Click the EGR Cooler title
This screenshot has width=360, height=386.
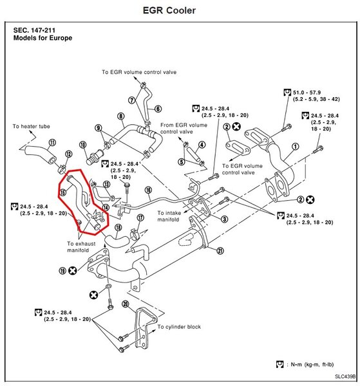pos(169,10)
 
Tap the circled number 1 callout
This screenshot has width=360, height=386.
pos(295,147)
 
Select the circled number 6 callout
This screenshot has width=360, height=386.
pos(158,109)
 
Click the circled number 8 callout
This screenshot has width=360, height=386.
pos(120,116)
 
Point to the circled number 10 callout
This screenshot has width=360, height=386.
pos(83,145)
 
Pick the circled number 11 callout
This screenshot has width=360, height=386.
pos(52,142)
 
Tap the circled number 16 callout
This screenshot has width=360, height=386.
pos(148,190)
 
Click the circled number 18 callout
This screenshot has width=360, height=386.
pos(118,228)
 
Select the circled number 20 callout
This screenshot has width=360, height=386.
pos(126,304)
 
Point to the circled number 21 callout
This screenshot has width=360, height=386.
pos(220,251)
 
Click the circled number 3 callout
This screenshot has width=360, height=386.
pos(224,219)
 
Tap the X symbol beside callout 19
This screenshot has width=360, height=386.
pos(72,271)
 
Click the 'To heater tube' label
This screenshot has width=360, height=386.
pos(32,126)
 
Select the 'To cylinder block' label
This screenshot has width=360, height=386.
pos(179,327)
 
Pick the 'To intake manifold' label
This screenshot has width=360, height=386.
pos(169,216)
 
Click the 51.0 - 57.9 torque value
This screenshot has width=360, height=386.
pos(307,93)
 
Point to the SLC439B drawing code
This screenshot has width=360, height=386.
pos(345,376)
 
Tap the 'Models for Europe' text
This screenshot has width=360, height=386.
pos(43,38)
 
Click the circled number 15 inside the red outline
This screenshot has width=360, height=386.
pos(63,192)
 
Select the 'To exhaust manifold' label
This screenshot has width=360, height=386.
pos(81,247)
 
